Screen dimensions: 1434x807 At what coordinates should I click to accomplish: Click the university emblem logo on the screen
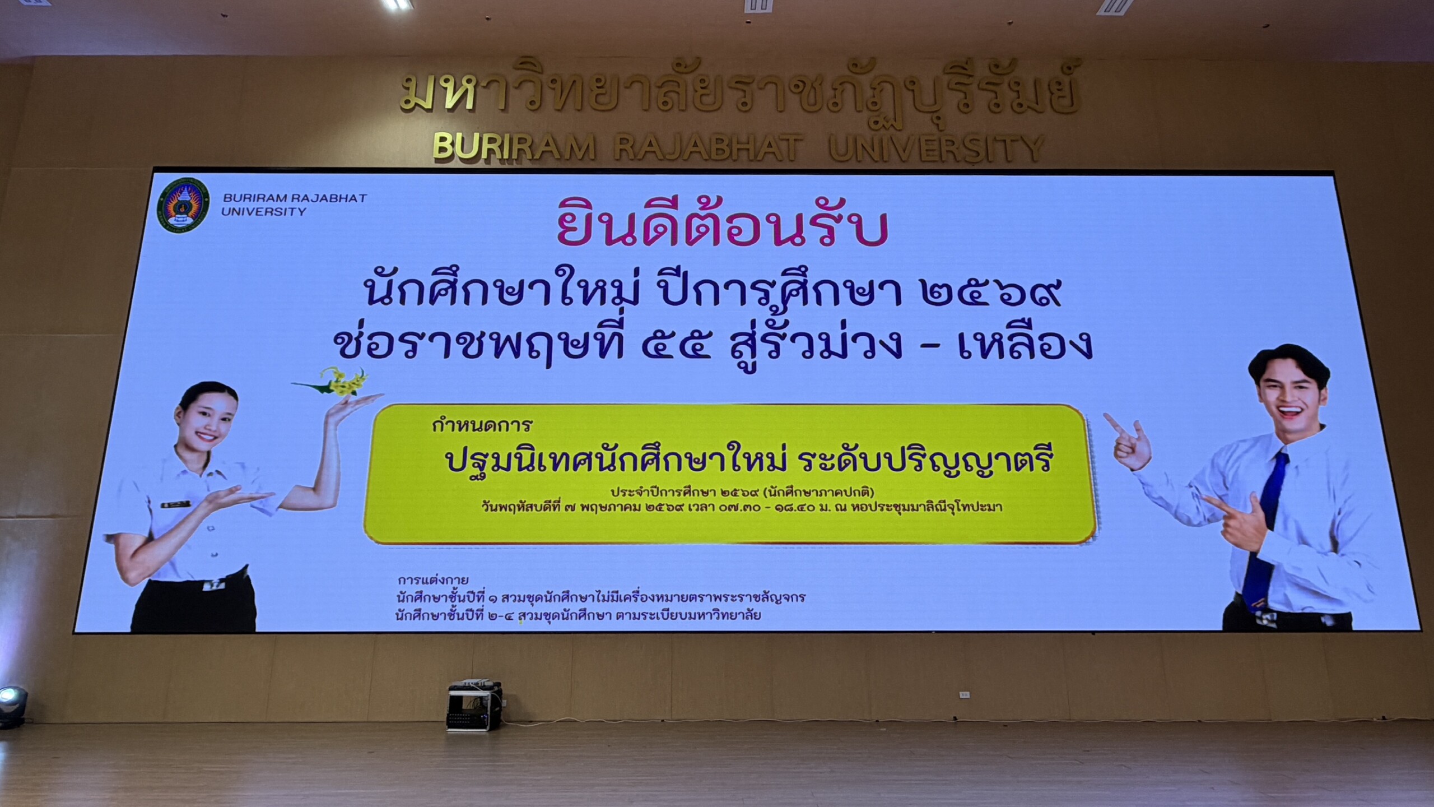point(183,206)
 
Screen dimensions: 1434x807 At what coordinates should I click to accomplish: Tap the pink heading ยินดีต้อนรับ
point(722,229)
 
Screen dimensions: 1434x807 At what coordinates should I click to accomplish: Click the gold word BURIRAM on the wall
point(514,147)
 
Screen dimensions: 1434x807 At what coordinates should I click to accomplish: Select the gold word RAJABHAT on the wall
point(707,147)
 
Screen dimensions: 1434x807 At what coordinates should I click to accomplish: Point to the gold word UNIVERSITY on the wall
point(935,147)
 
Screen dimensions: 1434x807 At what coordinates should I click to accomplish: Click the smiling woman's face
point(208,420)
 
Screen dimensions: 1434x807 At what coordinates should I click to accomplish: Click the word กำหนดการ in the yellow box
point(481,426)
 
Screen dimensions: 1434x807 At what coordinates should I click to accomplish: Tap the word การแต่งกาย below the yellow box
point(432,579)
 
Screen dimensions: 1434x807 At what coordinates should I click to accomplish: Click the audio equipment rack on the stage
point(474,707)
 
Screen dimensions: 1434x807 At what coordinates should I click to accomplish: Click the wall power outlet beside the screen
point(965,695)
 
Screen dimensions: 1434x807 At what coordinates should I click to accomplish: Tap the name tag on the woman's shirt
point(176,505)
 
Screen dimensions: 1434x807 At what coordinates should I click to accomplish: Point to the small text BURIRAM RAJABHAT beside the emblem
point(295,198)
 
